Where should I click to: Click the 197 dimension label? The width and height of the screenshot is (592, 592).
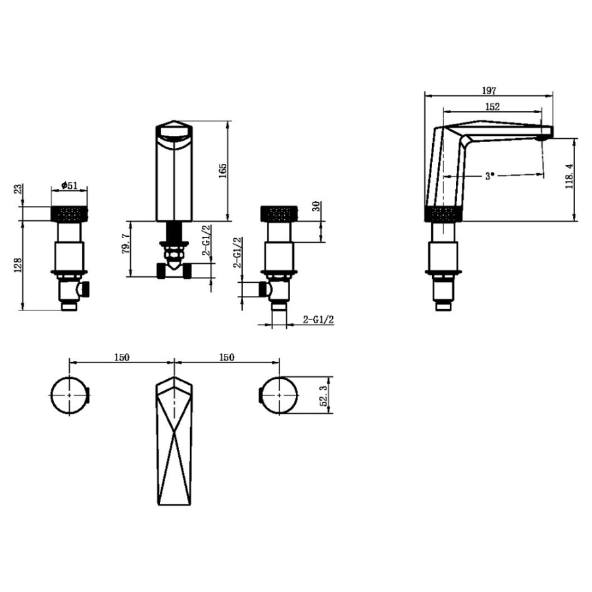489,91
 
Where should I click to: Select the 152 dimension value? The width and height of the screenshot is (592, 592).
493,107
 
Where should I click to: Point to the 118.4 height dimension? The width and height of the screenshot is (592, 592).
570,176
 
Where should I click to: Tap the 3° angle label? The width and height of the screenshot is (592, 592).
489,176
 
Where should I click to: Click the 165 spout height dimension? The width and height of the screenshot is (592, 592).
223,170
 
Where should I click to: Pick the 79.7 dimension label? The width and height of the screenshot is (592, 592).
126,243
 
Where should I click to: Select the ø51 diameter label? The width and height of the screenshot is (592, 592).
69,185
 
